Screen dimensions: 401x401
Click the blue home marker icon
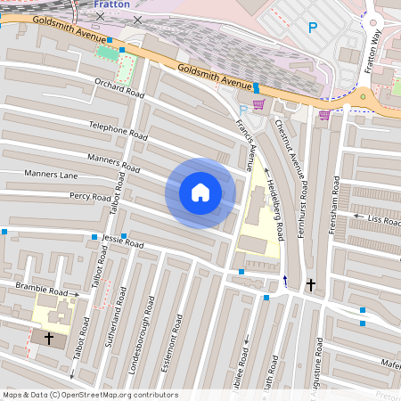pyautogui.click(x=200, y=192)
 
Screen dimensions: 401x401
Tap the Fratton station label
pyautogui.click(x=110, y=4)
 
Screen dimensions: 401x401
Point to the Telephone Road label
pyautogui.click(x=119, y=130)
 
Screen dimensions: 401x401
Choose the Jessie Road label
pyautogui.click(x=122, y=241)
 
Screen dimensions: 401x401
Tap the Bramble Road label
pyautogui.click(x=41, y=291)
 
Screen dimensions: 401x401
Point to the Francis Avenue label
pyautogui.click(x=255, y=143)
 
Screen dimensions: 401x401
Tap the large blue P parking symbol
pyautogui.click(x=312, y=28)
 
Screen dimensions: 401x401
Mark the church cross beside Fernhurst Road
pyautogui.click(x=310, y=285)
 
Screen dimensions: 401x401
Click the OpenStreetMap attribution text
pyautogui.click(x=89, y=395)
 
